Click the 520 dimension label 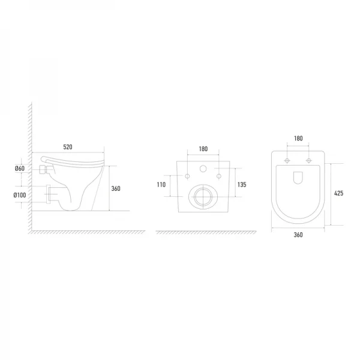pos(68,147)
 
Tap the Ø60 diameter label pos(20,169)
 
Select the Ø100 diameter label pos(20,195)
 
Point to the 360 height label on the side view pos(116,188)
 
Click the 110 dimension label pos(161,185)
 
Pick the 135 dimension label pos(242,185)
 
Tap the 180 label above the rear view pos(203,149)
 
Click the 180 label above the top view pos(298,139)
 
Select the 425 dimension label pos(338,193)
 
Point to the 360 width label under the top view pos(298,235)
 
